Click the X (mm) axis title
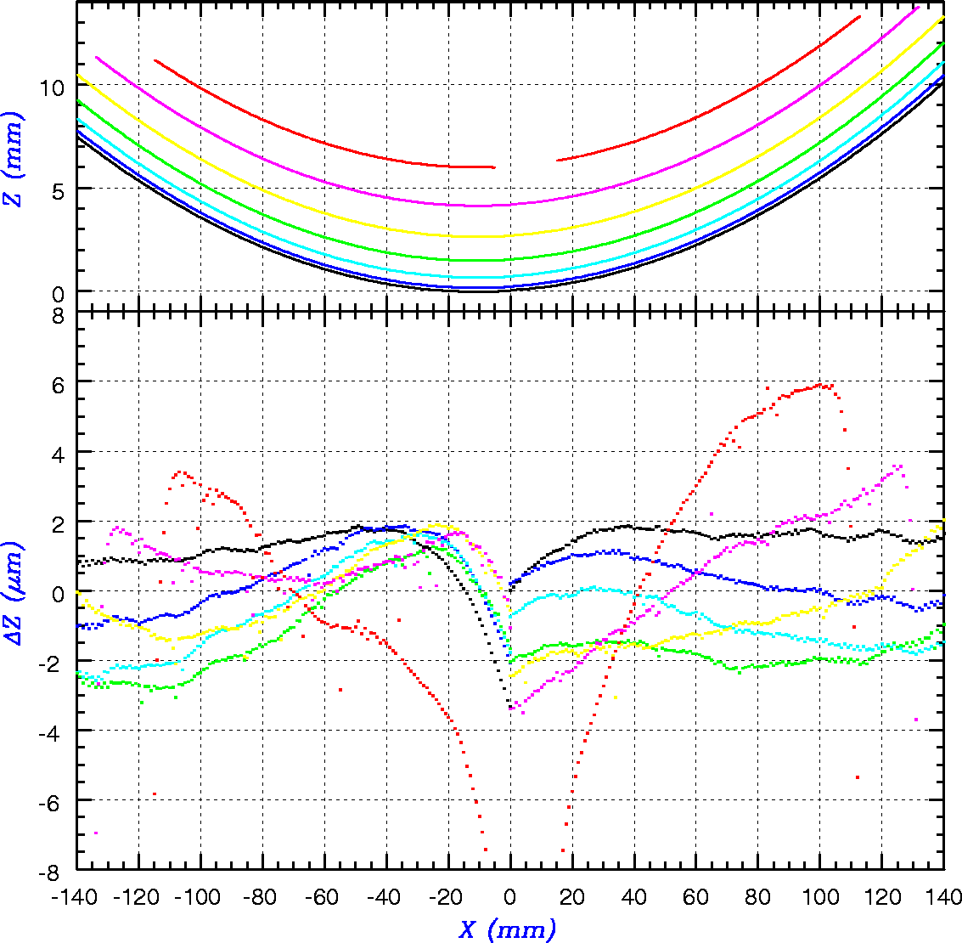[x=508, y=929]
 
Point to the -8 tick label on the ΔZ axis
[x=53, y=870]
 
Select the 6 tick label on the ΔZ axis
[x=59, y=382]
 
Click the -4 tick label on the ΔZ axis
[x=53, y=731]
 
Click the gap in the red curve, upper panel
[x=526, y=163]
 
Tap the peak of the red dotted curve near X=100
[x=822, y=385]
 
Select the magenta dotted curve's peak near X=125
[x=898, y=466]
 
